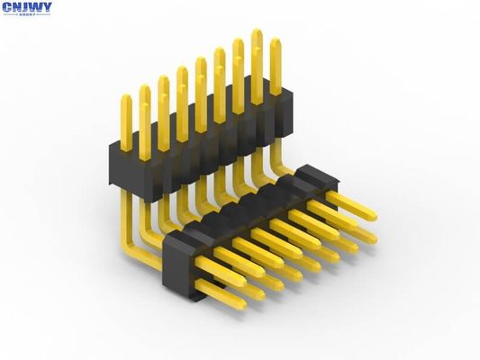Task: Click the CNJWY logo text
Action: (27, 8)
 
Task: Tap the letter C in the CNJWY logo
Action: (7, 7)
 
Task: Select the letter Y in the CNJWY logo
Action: (47, 7)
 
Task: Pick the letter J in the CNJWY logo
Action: (25, 7)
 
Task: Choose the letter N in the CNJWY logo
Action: (16, 7)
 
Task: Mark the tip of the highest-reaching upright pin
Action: (257, 33)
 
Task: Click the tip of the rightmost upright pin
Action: (276, 41)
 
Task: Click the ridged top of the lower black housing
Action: (243, 211)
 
